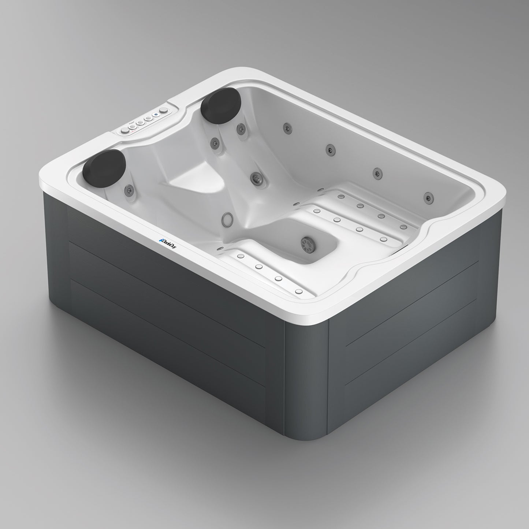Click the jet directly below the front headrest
coord(128,189)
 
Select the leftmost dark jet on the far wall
coord(286,127)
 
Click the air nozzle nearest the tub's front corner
coord(299,292)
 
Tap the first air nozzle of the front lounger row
coord(241,256)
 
